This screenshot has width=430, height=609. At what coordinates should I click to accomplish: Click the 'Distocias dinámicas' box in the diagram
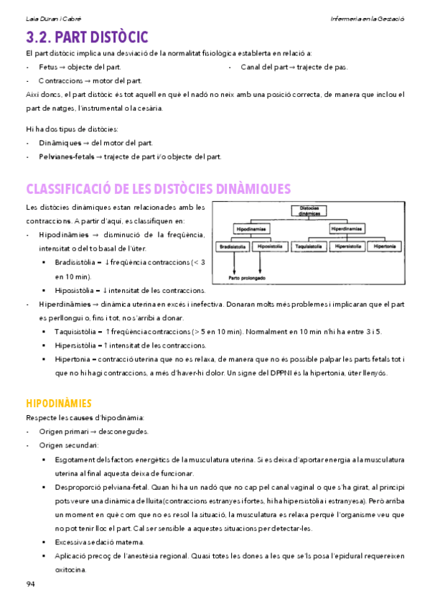(309, 212)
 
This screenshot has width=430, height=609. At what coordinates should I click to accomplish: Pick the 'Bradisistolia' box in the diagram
(232, 246)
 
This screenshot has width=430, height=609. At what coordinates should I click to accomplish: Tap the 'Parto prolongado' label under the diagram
(248, 277)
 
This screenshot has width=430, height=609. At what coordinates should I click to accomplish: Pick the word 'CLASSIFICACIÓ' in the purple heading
(68, 189)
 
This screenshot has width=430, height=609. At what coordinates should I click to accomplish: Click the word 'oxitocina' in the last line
(71, 569)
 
